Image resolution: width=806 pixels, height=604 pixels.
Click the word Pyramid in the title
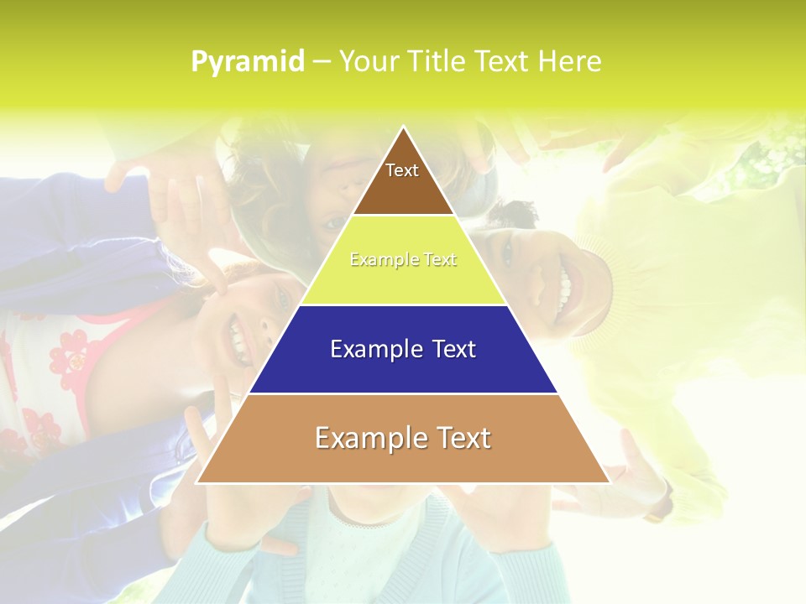pos(247,62)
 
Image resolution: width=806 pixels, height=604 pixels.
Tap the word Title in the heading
pos(437,62)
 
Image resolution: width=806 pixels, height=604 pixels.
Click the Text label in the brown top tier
pos(402,170)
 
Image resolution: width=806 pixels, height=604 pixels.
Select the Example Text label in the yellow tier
pos(403,260)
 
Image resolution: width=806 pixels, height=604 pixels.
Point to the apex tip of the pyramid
pos(403,127)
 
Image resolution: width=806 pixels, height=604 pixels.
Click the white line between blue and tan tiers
pos(403,393)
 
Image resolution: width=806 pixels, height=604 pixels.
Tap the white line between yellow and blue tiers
pos(403,305)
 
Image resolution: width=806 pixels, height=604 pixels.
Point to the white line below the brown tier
pos(403,216)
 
